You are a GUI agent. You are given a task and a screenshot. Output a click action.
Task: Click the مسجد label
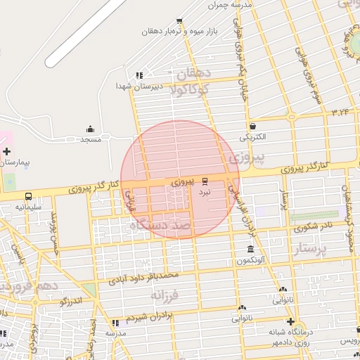tap(91, 139)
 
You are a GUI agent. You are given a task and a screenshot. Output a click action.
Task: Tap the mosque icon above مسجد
tap(91, 129)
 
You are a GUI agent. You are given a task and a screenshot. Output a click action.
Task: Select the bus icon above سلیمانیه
tap(29, 197)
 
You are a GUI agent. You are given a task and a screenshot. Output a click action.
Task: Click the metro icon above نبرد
tap(205, 181)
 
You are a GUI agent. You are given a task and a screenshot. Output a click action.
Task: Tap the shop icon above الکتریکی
tap(253, 127)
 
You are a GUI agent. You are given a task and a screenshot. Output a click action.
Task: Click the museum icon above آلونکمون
tap(251, 250)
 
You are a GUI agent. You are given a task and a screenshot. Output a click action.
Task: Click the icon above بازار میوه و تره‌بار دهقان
tap(180, 21)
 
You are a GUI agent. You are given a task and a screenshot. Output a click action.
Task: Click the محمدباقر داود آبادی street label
tap(144, 276)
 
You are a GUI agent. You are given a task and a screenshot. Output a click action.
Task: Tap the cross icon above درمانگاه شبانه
tap(290, 321)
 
